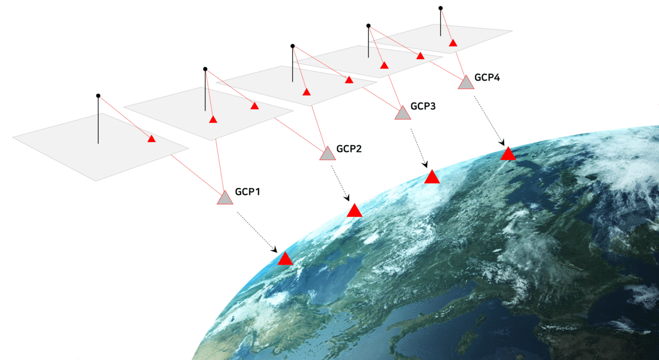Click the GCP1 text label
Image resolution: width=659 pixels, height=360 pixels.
tap(248, 192)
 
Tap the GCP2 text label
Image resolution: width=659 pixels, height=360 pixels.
tap(349, 149)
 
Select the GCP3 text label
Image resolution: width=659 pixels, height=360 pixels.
tap(423, 106)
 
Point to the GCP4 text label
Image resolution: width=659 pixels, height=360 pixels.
tap(487, 77)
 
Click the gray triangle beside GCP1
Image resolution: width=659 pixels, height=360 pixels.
tap(225, 199)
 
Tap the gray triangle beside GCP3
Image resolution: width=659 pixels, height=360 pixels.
tap(403, 114)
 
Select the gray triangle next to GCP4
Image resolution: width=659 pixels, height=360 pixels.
tap(466, 83)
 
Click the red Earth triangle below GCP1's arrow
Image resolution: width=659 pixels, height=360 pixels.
tap(285, 260)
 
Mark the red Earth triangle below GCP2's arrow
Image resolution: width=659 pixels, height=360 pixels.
tap(355, 211)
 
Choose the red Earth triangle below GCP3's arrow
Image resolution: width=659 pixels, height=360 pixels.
tap(432, 178)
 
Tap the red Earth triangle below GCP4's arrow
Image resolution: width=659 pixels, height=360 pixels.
tap(508, 155)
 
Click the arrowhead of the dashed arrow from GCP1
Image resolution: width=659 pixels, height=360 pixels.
tap(275, 250)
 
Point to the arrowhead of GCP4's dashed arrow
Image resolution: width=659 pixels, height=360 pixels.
tap(502, 143)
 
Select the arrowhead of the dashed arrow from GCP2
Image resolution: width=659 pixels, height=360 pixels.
tap(347, 198)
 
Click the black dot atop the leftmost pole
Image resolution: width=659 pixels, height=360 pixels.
tap(98, 96)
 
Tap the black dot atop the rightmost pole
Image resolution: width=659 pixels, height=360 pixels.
tap(440, 8)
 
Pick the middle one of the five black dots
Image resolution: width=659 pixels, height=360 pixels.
tap(292, 46)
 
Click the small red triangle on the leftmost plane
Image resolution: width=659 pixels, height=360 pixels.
tap(152, 139)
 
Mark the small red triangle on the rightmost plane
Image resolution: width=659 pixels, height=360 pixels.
tap(453, 43)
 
